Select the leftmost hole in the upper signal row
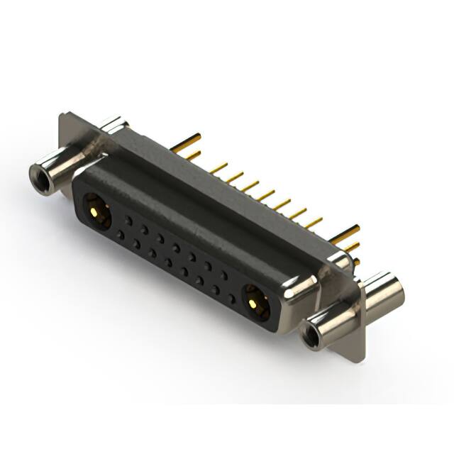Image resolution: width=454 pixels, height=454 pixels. [128, 221]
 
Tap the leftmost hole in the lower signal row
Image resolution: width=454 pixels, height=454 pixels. [121, 234]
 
